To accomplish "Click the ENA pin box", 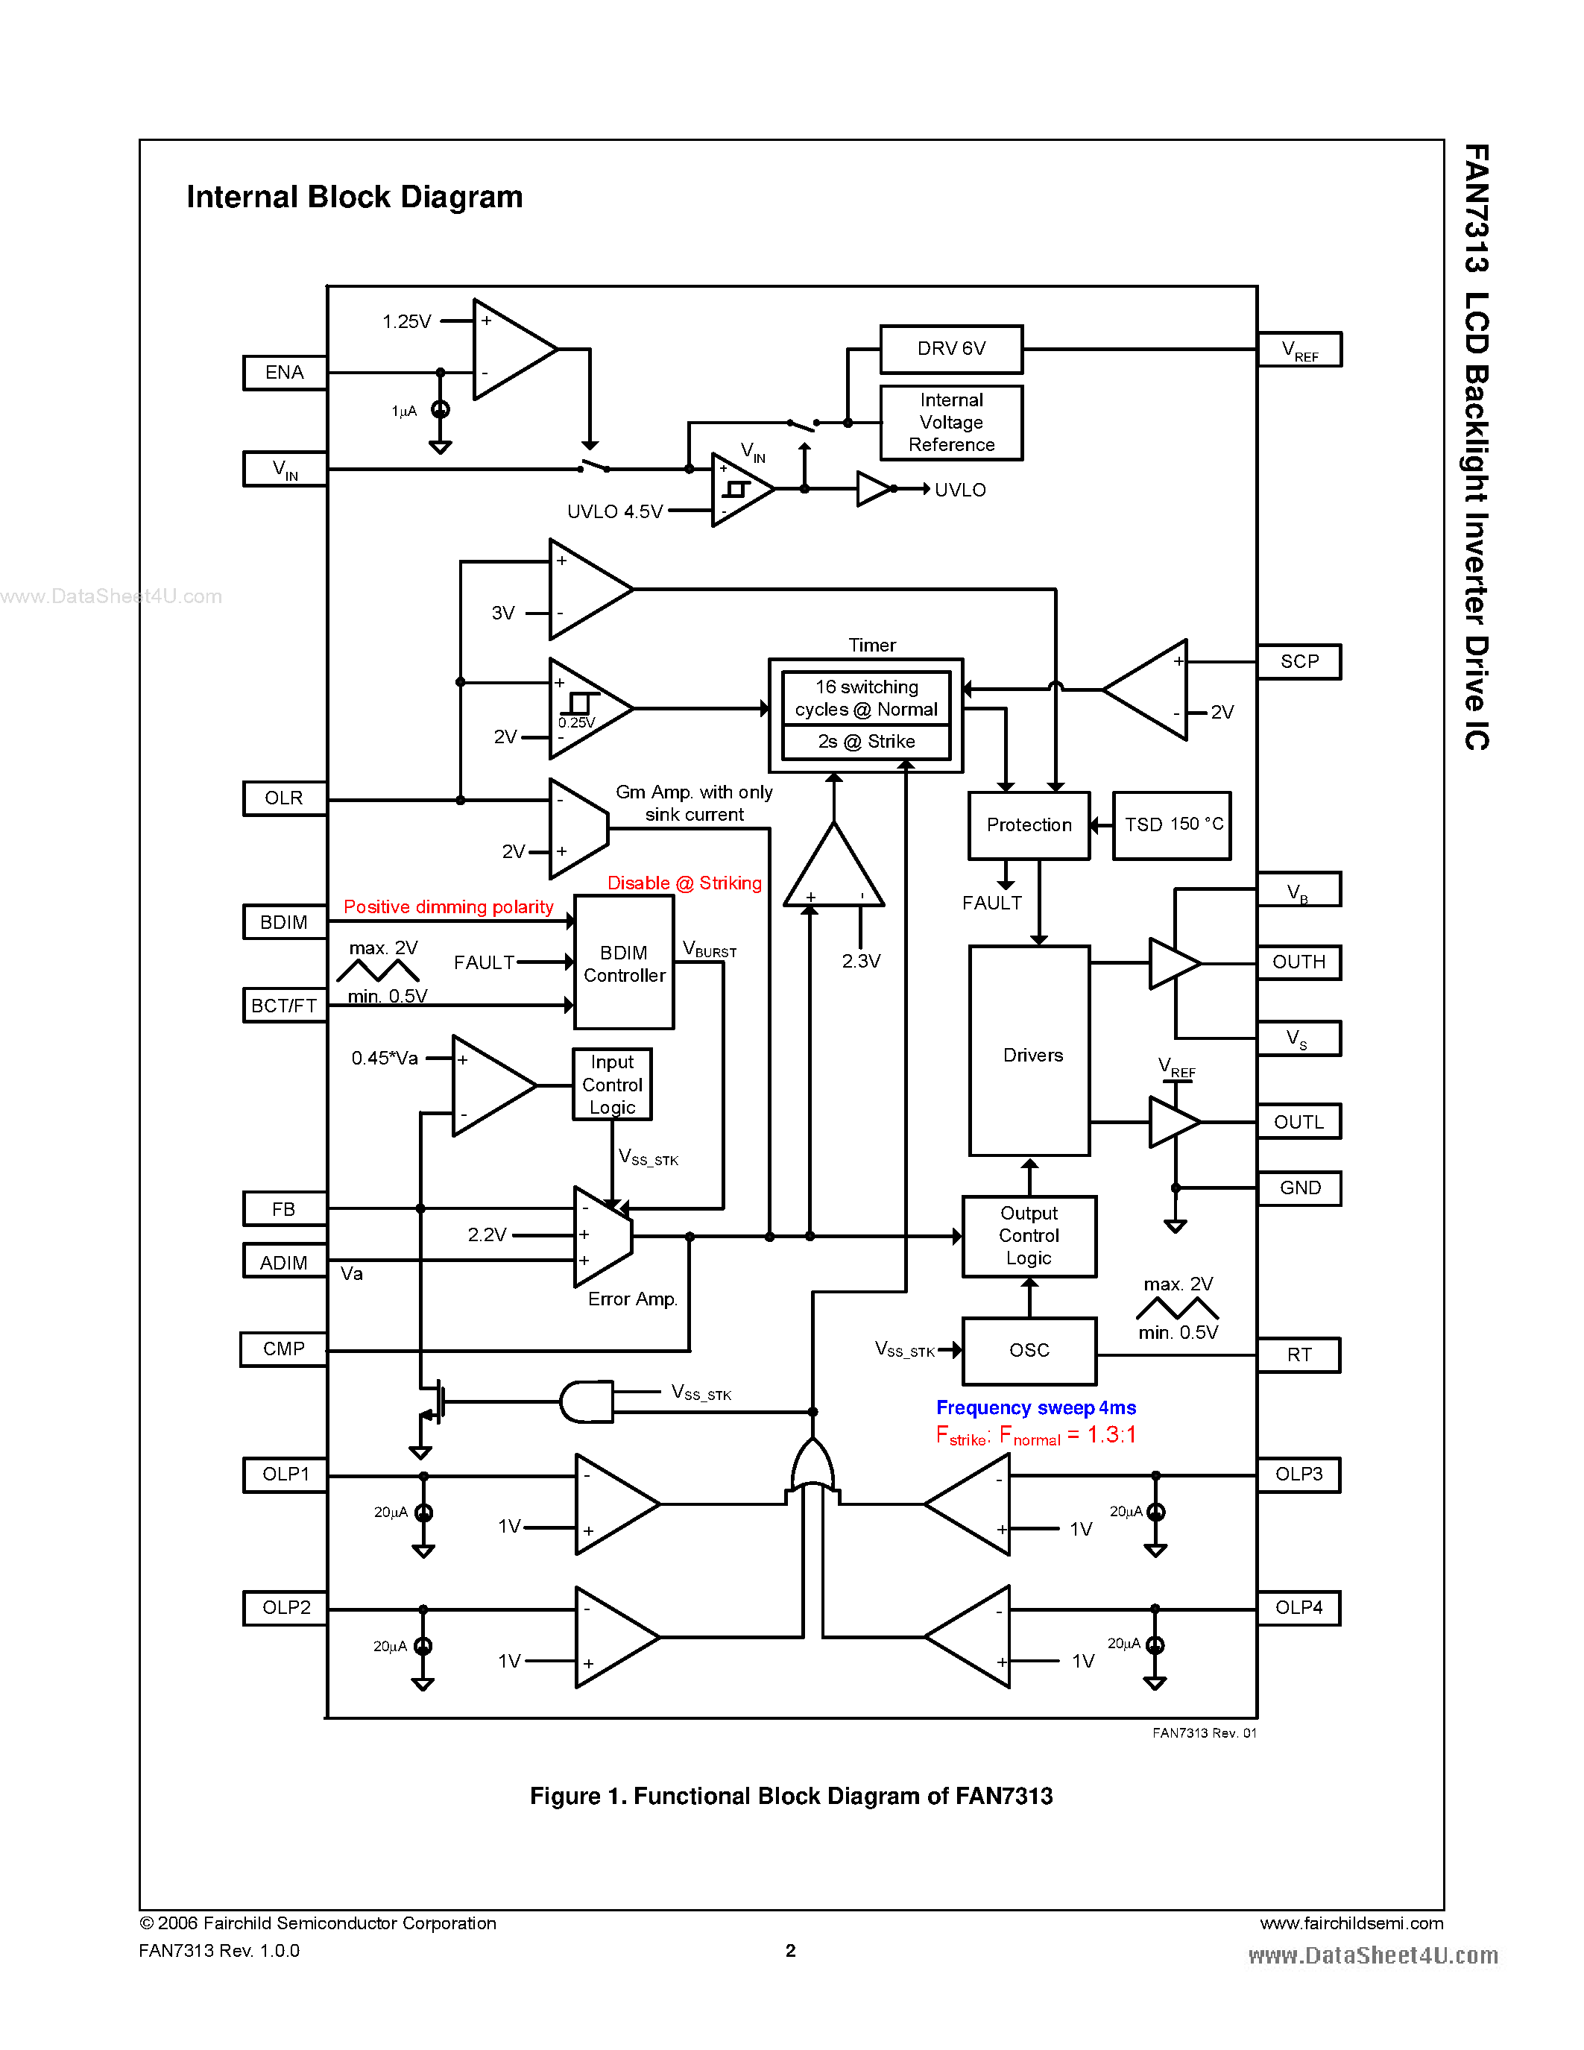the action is click(284, 373).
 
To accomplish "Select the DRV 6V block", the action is click(950, 349).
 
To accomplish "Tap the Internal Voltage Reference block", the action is click(950, 423).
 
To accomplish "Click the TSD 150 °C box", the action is click(1172, 825).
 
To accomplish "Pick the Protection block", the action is click(1029, 825).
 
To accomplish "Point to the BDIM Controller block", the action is click(624, 963).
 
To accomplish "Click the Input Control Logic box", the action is click(612, 1084).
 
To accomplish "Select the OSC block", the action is click(1029, 1351).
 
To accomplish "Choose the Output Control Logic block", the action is click(1029, 1236).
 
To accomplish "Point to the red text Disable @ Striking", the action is click(684, 883).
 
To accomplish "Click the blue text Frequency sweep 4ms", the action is click(1036, 1408).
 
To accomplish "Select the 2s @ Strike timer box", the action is click(866, 742).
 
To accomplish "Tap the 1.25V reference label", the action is click(406, 322).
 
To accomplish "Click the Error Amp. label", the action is click(632, 1299).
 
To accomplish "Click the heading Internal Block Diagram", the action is click(355, 197).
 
